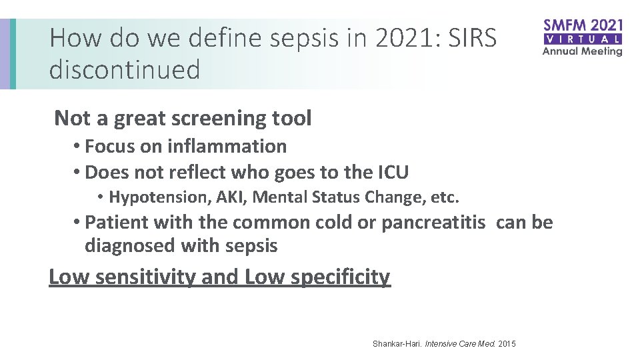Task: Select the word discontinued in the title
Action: click(125, 69)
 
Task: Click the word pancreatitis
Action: click(433, 222)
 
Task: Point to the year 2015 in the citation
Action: click(507, 344)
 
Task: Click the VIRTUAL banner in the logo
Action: click(583, 39)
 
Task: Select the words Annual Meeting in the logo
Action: click(583, 51)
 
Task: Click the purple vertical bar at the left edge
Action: click(5, 53)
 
